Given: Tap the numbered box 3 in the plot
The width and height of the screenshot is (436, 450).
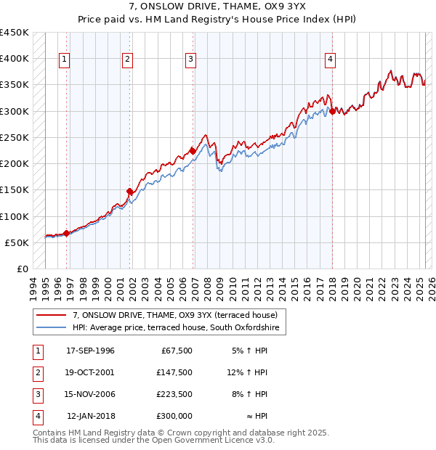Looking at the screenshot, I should (191, 60).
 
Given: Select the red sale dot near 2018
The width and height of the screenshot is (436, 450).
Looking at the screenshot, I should (332, 111).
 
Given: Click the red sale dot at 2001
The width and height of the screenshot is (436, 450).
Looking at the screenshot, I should (130, 192).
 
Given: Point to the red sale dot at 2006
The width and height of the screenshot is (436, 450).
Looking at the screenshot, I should (193, 151).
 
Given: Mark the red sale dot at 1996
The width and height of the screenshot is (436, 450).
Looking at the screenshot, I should (66, 233).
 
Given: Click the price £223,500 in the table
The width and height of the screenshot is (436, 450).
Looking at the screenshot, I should (174, 394).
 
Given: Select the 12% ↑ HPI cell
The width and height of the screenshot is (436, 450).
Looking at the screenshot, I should (248, 372).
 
